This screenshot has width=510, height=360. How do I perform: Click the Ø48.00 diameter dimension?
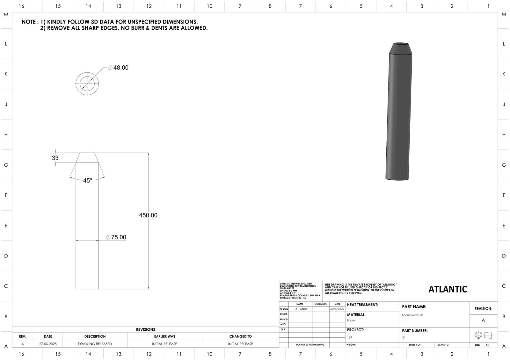[x=119, y=68]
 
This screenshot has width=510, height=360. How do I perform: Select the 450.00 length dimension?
[x=148, y=215]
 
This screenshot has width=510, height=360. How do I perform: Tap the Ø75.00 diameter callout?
[x=117, y=237]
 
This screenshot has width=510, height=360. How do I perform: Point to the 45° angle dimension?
[x=87, y=181]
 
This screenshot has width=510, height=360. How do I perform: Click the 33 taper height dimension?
[x=55, y=158]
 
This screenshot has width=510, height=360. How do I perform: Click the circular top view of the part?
[x=87, y=84]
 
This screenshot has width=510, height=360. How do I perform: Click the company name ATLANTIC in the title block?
[x=448, y=289]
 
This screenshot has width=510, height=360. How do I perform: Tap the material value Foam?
[x=351, y=320]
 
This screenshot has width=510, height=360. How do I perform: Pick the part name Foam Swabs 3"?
[x=412, y=315]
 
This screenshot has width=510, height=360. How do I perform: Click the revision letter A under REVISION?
[x=483, y=320]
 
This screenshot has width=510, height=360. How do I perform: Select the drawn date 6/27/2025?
[x=337, y=309]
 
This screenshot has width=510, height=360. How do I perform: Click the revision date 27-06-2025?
[x=48, y=344]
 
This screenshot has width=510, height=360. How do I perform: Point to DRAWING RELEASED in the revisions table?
[x=95, y=344]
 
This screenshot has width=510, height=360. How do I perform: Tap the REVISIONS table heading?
[x=145, y=329]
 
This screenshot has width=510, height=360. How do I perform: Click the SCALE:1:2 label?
[x=443, y=345]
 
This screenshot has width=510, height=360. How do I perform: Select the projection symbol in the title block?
[x=483, y=335]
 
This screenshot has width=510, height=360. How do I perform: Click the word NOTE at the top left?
[x=29, y=22]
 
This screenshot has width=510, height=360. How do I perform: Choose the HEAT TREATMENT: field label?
[x=362, y=305]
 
